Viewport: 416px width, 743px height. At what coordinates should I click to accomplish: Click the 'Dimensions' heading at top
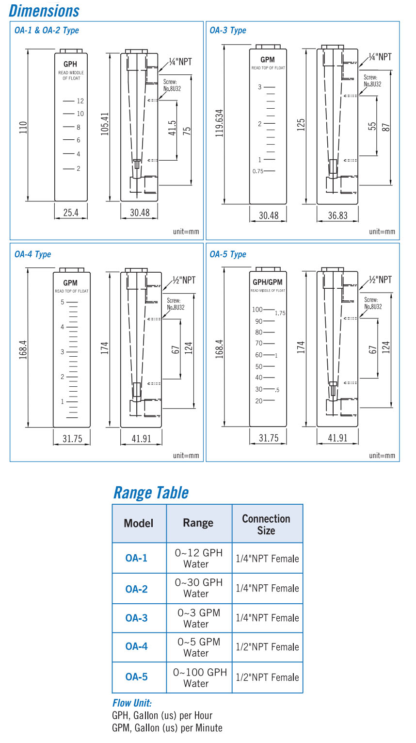tap(44, 11)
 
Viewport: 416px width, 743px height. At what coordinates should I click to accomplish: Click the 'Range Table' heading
tap(151, 493)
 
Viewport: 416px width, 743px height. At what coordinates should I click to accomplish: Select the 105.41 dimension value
tap(105, 124)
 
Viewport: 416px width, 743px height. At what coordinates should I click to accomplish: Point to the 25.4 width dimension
tap(71, 213)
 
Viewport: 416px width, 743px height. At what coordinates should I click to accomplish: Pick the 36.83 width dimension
tap(337, 215)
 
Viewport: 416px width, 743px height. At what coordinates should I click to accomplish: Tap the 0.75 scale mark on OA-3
tap(257, 171)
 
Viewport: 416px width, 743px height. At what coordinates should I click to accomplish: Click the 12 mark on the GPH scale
tap(80, 101)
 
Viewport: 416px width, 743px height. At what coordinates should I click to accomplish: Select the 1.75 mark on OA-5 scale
tap(280, 314)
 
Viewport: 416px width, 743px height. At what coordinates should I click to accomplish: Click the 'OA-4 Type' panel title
tap(32, 254)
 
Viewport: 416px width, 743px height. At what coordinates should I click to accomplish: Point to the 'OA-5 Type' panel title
tap(228, 254)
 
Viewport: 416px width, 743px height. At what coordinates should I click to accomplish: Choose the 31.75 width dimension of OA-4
tap(72, 439)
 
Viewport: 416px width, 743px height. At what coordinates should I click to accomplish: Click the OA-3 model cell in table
tap(136, 618)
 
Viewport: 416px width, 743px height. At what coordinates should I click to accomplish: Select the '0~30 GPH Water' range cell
tap(198, 588)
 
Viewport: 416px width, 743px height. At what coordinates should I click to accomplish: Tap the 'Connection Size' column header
tap(266, 524)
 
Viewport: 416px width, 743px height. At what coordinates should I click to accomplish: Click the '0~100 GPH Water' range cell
tap(199, 677)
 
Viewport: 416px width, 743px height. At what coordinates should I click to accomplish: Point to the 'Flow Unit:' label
tap(132, 703)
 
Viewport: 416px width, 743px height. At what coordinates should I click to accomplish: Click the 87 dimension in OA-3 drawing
tap(387, 126)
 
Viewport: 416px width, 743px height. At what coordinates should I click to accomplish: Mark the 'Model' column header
tap(139, 523)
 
